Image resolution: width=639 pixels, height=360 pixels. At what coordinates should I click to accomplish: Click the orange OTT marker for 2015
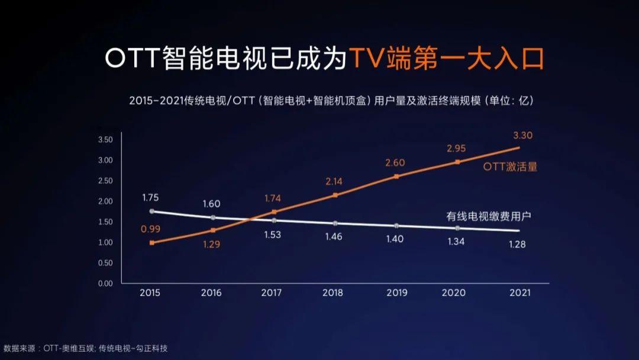152,243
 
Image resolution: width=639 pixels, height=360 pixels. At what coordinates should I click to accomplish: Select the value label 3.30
522,135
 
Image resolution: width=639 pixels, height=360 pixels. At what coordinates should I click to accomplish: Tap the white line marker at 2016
212,217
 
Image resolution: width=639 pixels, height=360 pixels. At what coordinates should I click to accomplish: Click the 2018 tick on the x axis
333,292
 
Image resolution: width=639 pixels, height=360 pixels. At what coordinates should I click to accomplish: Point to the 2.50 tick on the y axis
105,181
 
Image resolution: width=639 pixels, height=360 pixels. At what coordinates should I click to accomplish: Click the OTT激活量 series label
510,167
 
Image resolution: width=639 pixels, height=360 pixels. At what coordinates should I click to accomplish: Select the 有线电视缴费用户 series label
488,216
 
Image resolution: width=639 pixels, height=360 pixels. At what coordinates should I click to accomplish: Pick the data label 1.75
150,198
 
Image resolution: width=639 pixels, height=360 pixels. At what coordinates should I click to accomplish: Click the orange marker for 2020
457,162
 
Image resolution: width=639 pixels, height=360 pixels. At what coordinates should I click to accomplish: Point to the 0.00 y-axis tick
105,283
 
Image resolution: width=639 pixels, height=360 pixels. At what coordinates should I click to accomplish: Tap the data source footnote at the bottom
85,348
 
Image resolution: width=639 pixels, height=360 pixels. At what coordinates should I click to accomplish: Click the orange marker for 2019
396,176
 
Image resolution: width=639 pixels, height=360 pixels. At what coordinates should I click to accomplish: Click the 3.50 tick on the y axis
105,140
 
